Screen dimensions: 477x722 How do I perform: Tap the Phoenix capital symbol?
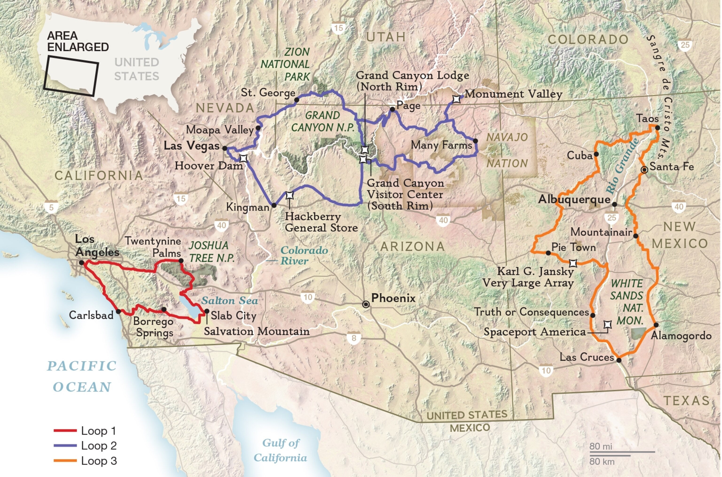[366, 304]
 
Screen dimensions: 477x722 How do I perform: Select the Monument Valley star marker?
[456, 99]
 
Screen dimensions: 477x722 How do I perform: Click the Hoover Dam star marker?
[243, 158]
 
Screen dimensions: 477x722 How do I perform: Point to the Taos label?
[647, 118]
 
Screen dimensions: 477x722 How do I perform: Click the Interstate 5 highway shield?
[51, 207]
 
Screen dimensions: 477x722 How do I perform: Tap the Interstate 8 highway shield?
[353, 338]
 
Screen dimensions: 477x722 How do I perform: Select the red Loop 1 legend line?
[65, 430]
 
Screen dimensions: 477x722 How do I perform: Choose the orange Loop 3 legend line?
[65, 461]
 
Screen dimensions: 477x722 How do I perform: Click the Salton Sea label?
[230, 301]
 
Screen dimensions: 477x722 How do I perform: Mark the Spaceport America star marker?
[608, 325]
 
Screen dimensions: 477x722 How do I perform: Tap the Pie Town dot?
[548, 253]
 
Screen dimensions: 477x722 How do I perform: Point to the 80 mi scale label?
[600, 446]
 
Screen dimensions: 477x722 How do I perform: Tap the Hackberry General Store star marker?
[289, 195]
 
